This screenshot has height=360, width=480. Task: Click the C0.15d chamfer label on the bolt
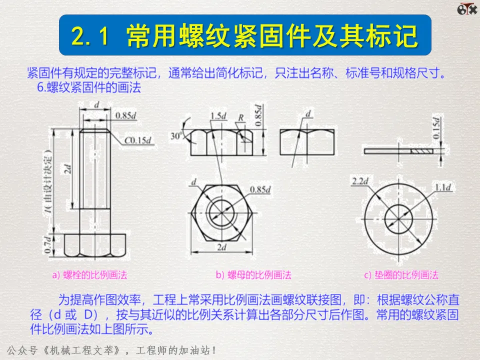click(x=138, y=140)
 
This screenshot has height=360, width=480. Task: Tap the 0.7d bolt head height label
click(x=47, y=244)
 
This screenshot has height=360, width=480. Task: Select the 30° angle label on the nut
click(x=176, y=135)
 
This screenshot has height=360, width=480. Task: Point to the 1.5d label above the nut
click(x=218, y=115)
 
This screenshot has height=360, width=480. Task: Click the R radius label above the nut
click(x=241, y=117)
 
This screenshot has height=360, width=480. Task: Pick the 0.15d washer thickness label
click(x=436, y=127)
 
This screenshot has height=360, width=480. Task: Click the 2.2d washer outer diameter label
click(x=360, y=181)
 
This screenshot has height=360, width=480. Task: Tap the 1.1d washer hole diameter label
click(x=443, y=187)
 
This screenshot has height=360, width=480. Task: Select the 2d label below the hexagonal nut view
click(x=221, y=247)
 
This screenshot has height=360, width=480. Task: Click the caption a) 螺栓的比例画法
click(x=89, y=275)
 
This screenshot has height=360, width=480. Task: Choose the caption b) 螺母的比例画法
click(x=253, y=275)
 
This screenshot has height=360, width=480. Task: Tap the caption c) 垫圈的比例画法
click(x=401, y=275)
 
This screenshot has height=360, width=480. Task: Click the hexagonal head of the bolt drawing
click(x=95, y=245)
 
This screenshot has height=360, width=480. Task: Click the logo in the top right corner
click(x=467, y=8)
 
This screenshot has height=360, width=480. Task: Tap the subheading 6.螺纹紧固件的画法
click(x=89, y=87)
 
